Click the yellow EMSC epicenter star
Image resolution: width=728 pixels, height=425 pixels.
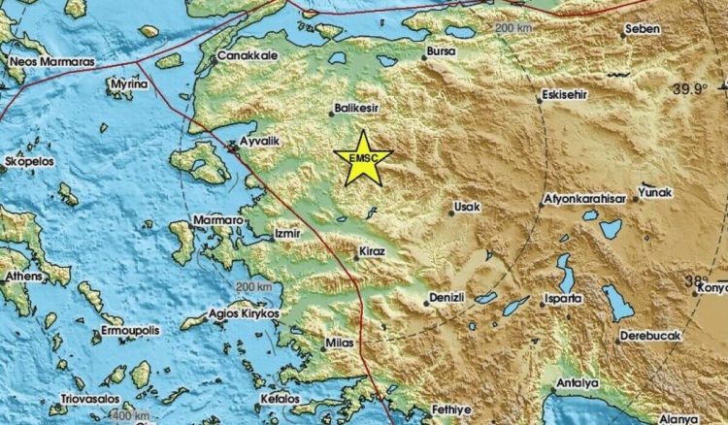[x=362, y=156]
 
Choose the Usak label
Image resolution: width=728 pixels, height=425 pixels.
[x=467, y=207]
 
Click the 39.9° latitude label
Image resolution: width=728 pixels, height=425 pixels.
[x=691, y=89]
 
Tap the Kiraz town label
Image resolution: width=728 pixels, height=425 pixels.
[x=374, y=251]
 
